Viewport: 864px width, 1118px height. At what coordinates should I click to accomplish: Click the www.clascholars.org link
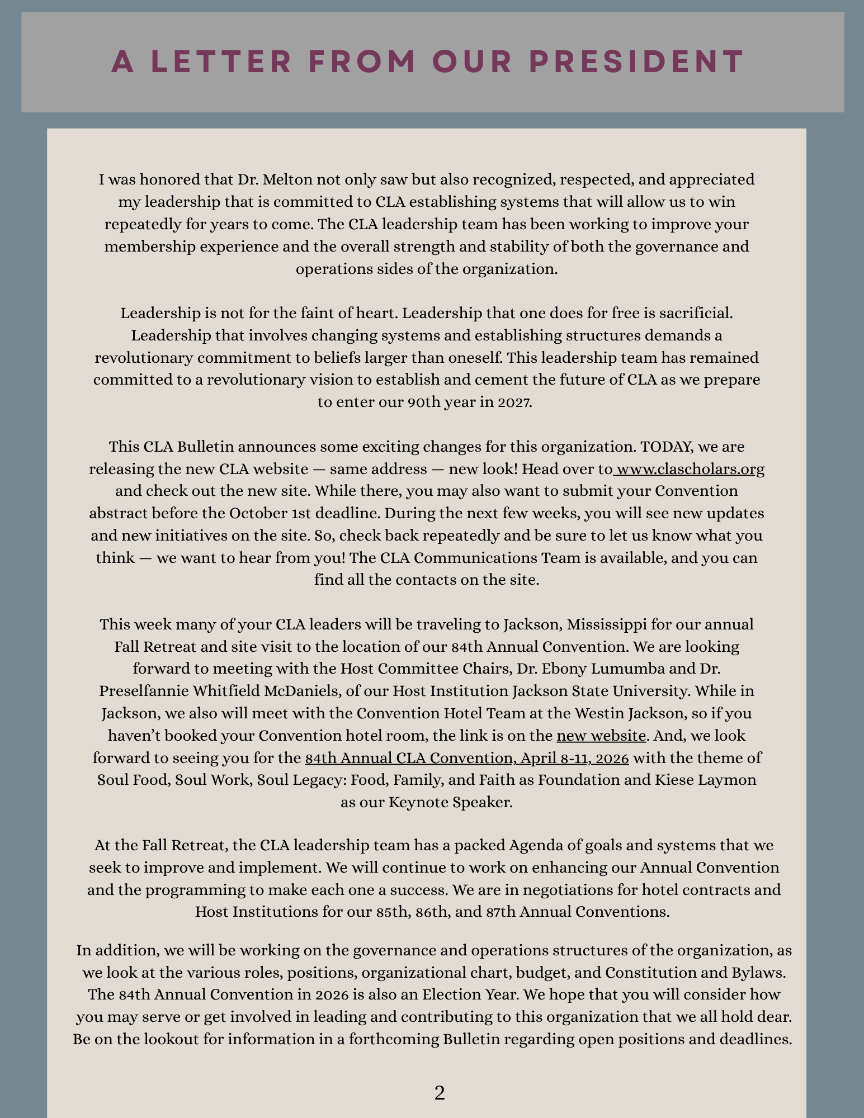pos(690,468)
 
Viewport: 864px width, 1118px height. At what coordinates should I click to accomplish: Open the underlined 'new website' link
pos(601,735)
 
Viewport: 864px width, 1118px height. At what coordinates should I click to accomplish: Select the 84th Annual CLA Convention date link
pos(467,758)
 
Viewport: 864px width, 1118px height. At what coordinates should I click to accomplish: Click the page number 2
pos(440,1093)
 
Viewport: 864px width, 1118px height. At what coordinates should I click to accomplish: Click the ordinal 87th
pos(501,912)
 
